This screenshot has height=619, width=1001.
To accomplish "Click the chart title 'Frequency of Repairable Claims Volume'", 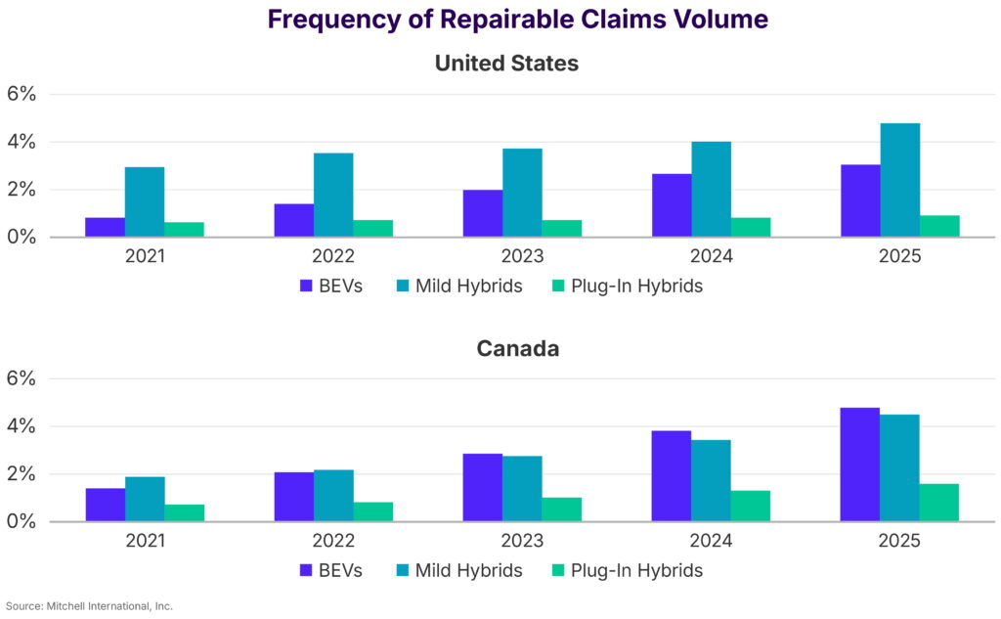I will tap(517, 20).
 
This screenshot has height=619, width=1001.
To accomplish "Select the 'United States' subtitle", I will tap(506, 64).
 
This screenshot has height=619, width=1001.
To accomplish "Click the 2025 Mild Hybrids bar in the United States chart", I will tap(900, 180).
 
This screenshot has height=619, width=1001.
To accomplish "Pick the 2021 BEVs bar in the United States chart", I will tap(105, 227).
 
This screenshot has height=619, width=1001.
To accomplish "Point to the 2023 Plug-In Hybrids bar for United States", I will tap(562, 228).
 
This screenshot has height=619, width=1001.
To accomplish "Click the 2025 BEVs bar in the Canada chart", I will tap(860, 464).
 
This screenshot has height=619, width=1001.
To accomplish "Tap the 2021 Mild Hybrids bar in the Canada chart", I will tap(145, 499).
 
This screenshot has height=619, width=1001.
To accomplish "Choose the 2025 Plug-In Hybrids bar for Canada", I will tap(939, 503).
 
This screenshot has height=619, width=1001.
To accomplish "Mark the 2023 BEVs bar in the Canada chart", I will tap(483, 487).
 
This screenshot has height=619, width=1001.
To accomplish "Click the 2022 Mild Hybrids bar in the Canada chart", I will tap(333, 496).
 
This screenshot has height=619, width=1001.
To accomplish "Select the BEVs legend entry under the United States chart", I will tap(330, 287).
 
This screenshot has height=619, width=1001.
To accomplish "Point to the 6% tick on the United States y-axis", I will tap(22, 95).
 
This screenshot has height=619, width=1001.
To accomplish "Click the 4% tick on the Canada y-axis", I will tap(22, 426).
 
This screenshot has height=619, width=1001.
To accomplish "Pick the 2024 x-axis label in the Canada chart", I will tap(712, 541).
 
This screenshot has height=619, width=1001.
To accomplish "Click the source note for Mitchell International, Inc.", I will tap(89, 606).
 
